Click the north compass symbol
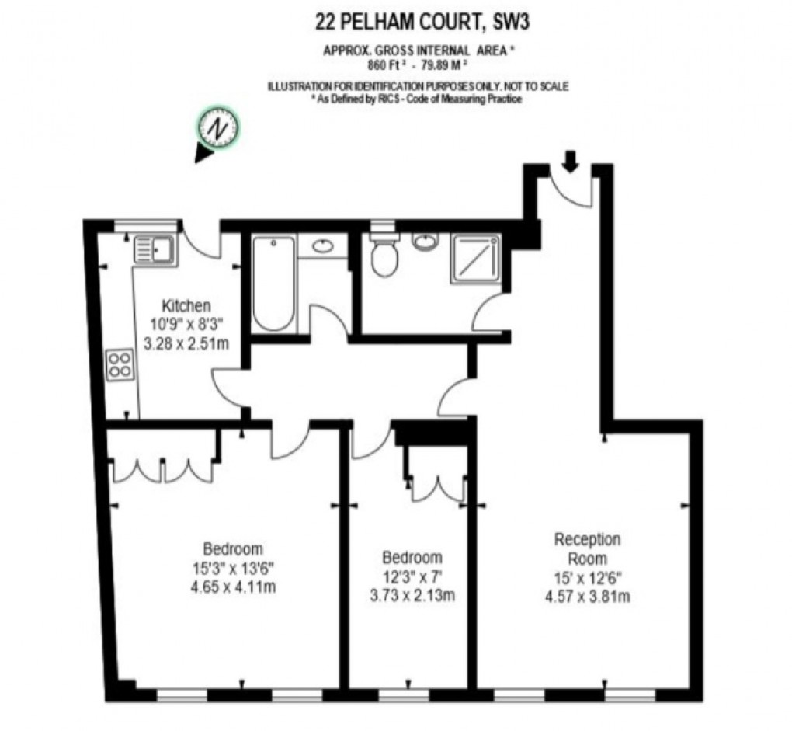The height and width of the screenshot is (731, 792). (220, 127)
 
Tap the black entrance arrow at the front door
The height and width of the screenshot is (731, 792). (571, 161)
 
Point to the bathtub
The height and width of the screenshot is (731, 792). (273, 284)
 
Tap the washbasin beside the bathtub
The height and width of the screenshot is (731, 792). (323, 247)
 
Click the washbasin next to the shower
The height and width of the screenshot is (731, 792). (425, 242)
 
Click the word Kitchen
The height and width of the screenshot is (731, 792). (186, 305)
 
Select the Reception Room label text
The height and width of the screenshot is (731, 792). (587, 548)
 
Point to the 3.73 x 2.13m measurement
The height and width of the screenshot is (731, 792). (412, 596)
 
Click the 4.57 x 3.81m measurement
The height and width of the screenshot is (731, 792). (587, 597)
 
